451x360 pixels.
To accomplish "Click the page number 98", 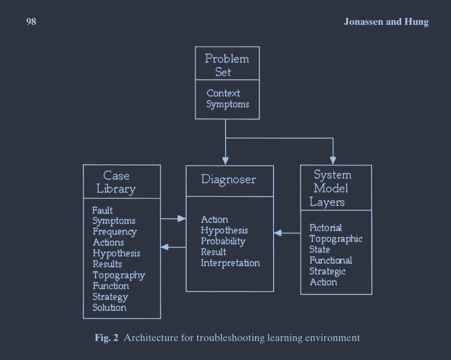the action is [31, 22].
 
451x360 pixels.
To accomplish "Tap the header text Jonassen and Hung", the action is [386, 22].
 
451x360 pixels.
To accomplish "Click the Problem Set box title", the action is [227, 65].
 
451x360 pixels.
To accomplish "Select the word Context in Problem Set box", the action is [223, 93].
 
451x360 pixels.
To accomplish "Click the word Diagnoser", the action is [228, 180].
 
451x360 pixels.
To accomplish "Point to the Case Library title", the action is [116, 182].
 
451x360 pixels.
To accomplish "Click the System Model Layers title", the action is [331, 188].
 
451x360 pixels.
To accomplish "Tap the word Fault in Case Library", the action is [102, 210].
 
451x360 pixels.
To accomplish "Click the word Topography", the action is [119, 276].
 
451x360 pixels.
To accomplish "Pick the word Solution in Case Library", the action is [109, 307].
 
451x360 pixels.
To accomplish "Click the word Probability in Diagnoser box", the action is [223, 242].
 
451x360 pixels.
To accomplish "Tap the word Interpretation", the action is [230, 263].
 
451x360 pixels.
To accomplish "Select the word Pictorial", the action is [325, 228].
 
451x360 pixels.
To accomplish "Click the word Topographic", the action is [336, 239].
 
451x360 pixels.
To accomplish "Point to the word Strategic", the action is [327, 271].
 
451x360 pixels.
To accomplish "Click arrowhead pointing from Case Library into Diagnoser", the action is [182, 219].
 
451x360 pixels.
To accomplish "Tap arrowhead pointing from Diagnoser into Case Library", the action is [165, 247].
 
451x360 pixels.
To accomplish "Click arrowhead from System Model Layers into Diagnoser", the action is [278, 233].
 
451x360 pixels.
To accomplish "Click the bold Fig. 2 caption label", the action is [106, 338].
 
